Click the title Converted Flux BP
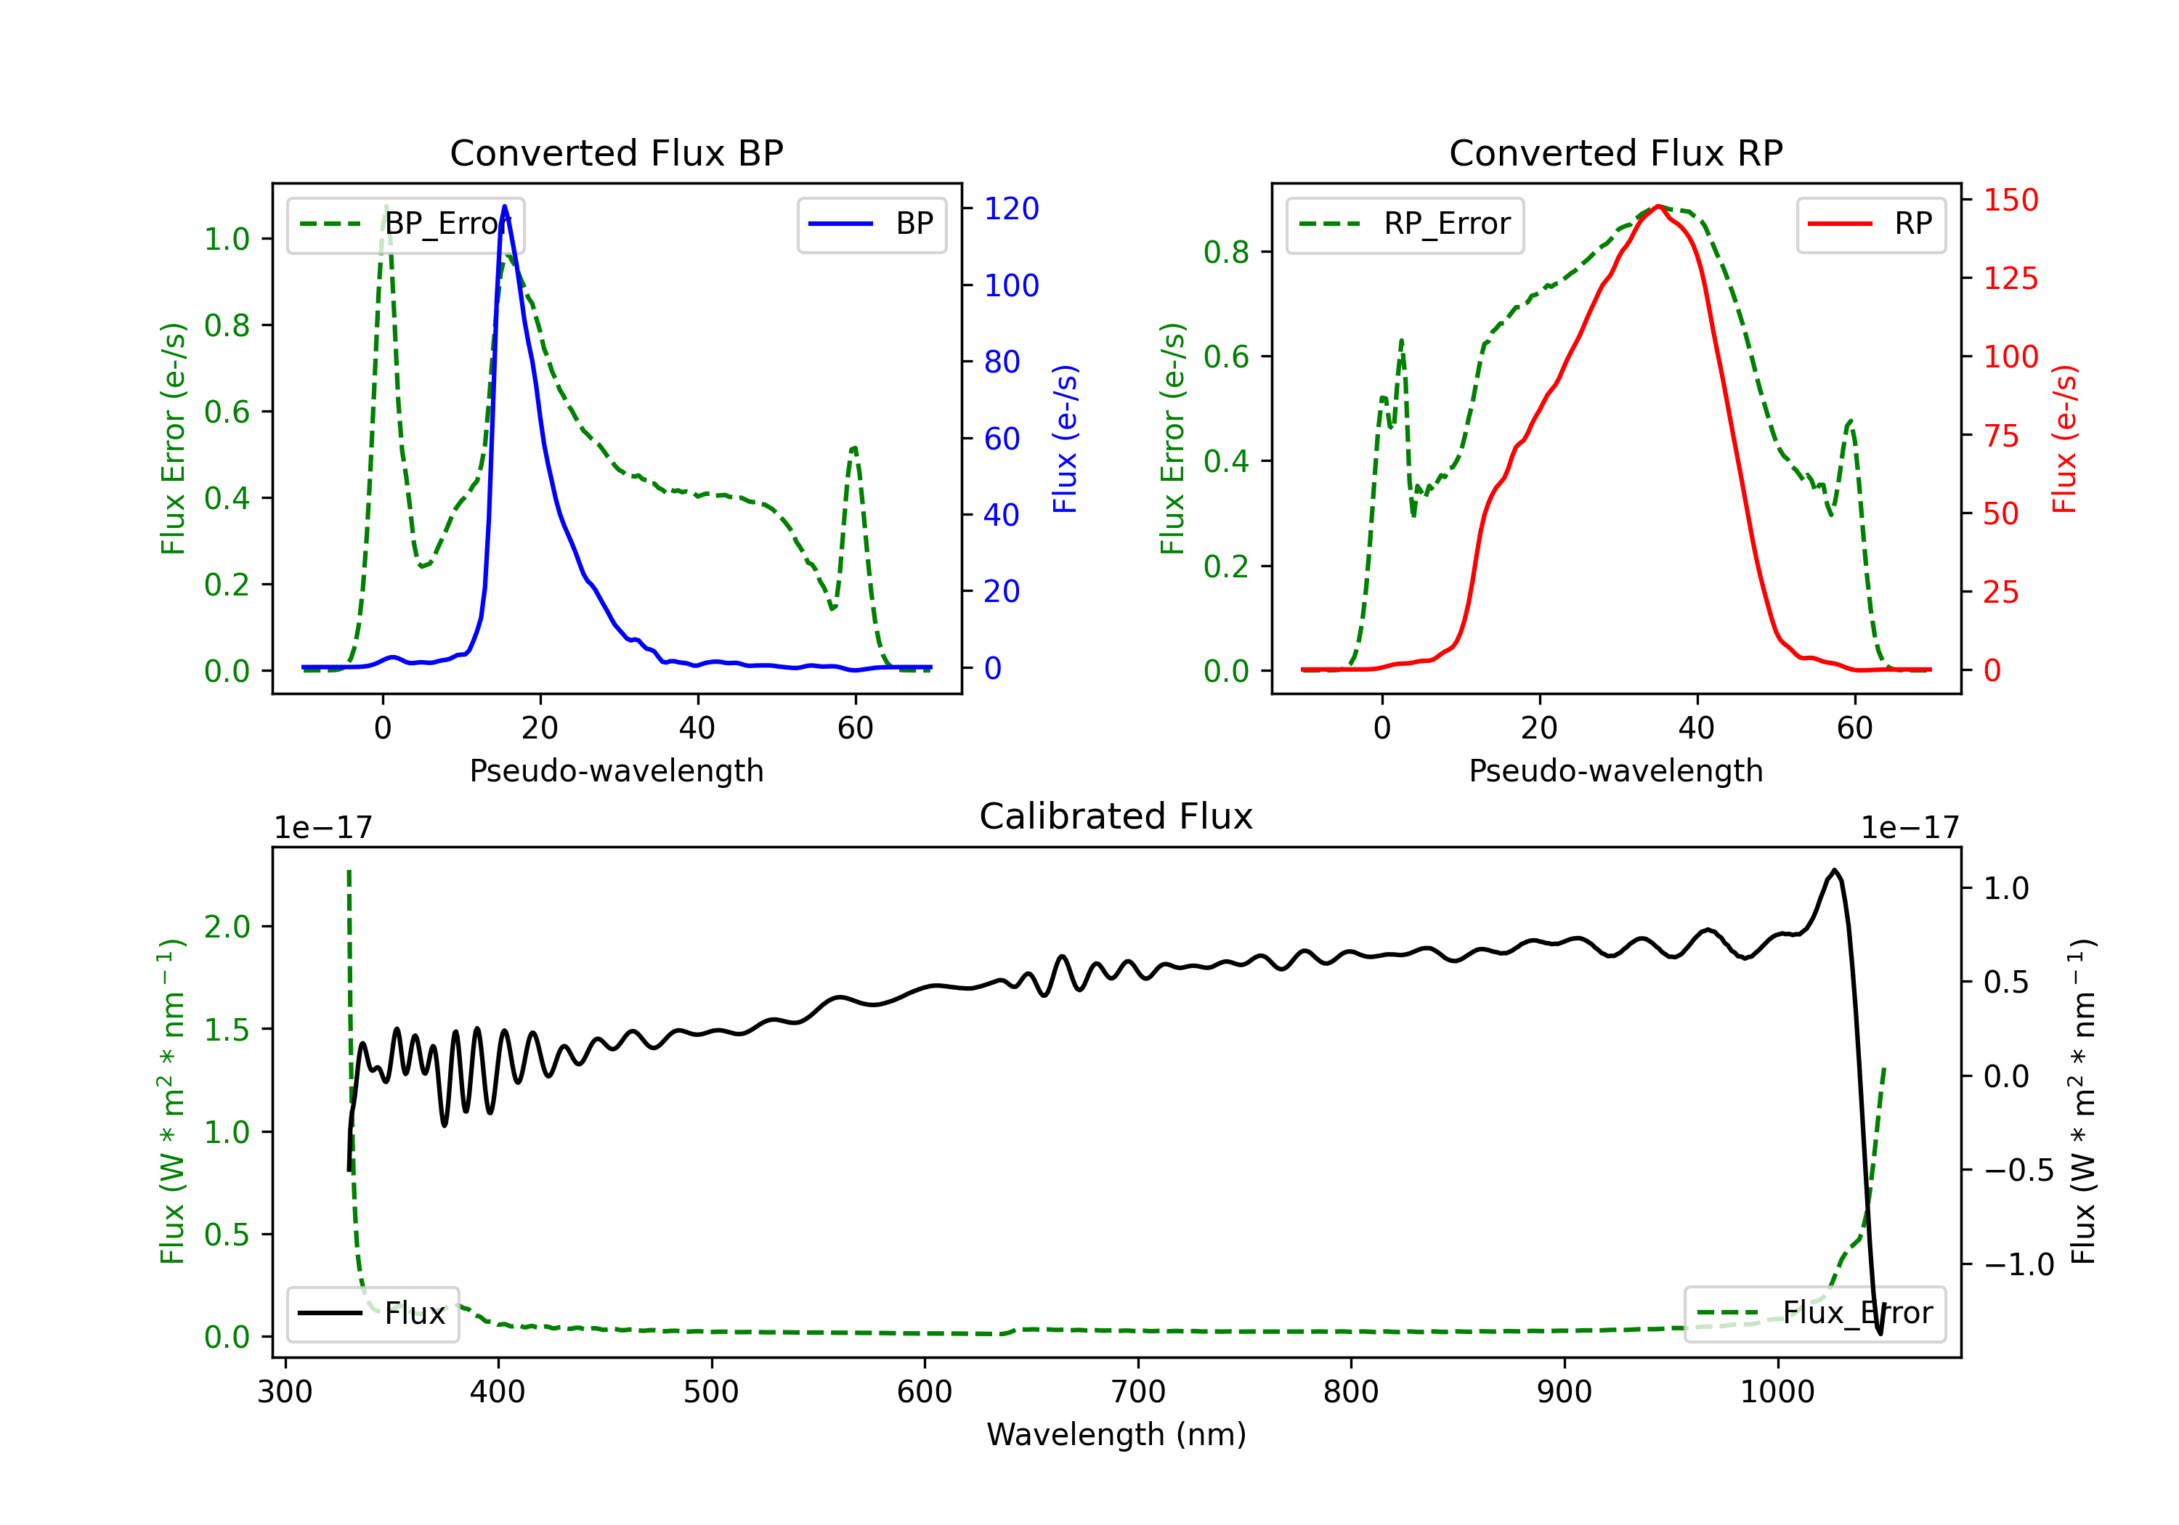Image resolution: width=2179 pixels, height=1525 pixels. click(616, 152)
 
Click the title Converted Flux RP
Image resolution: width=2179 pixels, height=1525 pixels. click(1615, 152)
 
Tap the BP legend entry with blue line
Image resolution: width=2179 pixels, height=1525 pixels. click(872, 224)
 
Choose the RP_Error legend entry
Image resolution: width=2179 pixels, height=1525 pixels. click(1405, 224)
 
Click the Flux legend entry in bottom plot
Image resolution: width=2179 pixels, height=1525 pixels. click(373, 1314)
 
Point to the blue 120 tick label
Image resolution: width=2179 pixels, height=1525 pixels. click(1011, 208)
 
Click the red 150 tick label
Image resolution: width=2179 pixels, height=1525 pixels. click(2010, 200)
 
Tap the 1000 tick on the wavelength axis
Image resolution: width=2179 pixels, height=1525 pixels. click(1777, 1392)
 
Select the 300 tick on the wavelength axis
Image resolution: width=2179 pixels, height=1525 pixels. click(285, 1392)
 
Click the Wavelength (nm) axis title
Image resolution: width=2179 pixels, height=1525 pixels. click(1116, 1434)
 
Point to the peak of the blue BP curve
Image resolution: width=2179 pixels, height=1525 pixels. click(504, 206)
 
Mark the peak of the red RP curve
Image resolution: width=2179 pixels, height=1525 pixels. click(1657, 206)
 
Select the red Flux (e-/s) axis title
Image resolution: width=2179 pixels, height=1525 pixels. click(2064, 439)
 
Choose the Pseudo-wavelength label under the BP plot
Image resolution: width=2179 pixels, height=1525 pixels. click(616, 770)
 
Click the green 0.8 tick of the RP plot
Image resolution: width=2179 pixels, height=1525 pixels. click(1225, 253)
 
